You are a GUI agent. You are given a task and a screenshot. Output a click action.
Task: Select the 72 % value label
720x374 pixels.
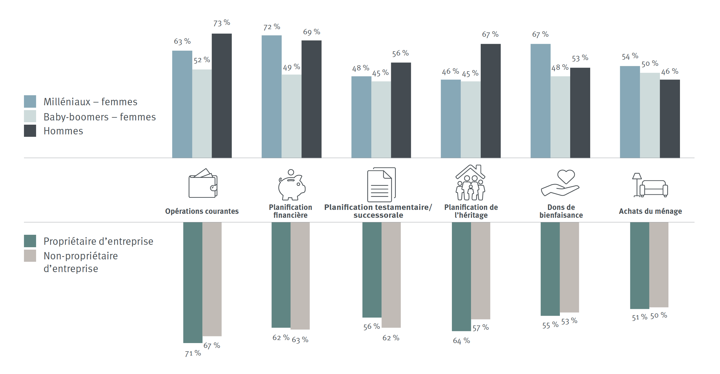(271, 27)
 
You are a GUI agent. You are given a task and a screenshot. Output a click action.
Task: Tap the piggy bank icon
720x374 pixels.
(291, 185)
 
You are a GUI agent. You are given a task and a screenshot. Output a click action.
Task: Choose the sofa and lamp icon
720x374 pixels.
(650, 185)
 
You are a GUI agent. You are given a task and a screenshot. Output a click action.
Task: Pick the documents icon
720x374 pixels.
(381, 184)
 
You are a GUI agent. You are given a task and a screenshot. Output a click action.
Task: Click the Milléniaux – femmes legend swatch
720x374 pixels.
(30, 101)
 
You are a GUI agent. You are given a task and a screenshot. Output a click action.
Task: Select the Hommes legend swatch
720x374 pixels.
(30, 131)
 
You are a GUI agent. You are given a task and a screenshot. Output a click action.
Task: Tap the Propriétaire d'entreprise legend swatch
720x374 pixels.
(30, 241)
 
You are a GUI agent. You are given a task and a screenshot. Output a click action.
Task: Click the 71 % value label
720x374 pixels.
(193, 353)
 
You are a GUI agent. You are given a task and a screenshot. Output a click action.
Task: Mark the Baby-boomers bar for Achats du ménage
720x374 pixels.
(650, 115)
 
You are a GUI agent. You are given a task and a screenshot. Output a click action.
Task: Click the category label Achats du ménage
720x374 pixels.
(650, 211)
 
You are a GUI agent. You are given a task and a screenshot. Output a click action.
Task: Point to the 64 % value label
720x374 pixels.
(461, 341)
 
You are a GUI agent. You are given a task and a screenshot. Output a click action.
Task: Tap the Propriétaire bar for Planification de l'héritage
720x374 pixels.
(461, 276)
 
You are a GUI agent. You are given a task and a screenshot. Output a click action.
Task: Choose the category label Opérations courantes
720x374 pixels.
(202, 211)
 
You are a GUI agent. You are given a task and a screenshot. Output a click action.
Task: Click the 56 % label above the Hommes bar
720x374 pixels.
(400, 54)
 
